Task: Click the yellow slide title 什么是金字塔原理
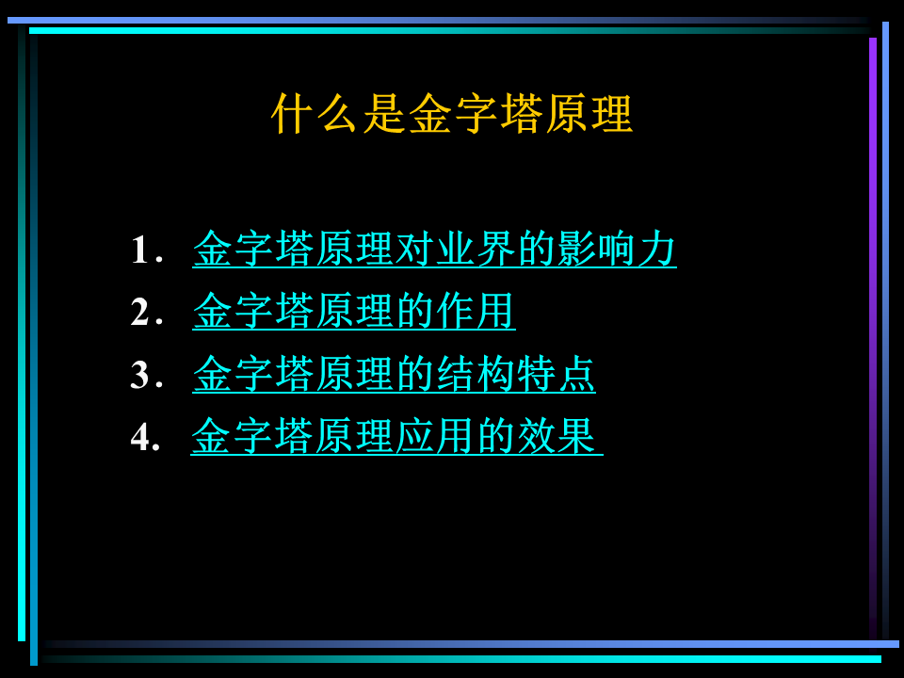coord(452,114)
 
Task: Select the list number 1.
coord(147,250)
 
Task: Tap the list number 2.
coord(147,312)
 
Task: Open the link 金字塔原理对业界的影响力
coord(434,249)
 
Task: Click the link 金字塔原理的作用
coord(353,312)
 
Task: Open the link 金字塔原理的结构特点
coord(394,374)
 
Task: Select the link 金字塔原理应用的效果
coord(396,436)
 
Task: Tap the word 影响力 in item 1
coord(616,249)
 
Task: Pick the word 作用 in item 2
coord(475,312)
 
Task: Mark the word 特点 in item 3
coord(556,374)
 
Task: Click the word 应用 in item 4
coord(434,436)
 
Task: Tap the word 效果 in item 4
coord(556,436)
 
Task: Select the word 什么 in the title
coord(315,114)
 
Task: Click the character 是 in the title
coord(384,114)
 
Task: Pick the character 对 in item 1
coord(414,249)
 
